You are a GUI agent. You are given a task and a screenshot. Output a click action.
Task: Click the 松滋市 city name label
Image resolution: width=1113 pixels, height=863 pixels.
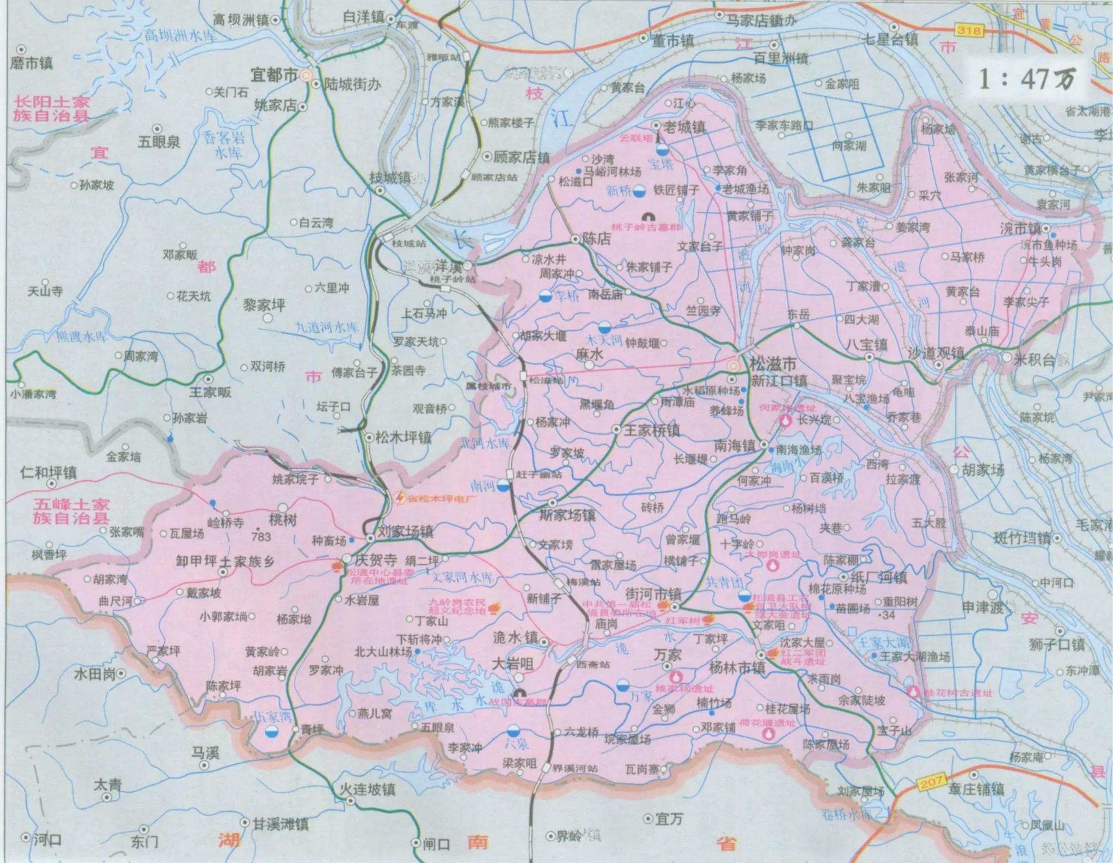(x=773, y=363)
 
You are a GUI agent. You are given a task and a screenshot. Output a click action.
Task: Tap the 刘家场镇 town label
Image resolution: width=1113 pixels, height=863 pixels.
(x=405, y=531)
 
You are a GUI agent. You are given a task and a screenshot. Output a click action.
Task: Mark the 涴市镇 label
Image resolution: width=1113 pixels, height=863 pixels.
(x=1020, y=229)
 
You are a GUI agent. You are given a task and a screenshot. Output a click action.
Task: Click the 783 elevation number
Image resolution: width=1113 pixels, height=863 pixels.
(x=261, y=537)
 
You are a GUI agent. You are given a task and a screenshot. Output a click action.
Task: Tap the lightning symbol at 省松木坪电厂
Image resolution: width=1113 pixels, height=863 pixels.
(x=400, y=497)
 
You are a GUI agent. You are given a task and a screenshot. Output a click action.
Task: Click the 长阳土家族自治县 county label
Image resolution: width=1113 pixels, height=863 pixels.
(x=52, y=108)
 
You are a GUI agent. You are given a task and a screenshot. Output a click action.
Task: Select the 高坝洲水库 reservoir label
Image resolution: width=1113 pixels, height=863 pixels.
(x=180, y=37)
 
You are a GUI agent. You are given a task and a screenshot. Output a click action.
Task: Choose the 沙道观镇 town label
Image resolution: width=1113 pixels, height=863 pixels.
(x=936, y=353)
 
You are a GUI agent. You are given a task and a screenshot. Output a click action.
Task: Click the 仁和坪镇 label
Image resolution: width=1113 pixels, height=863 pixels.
(x=48, y=472)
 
